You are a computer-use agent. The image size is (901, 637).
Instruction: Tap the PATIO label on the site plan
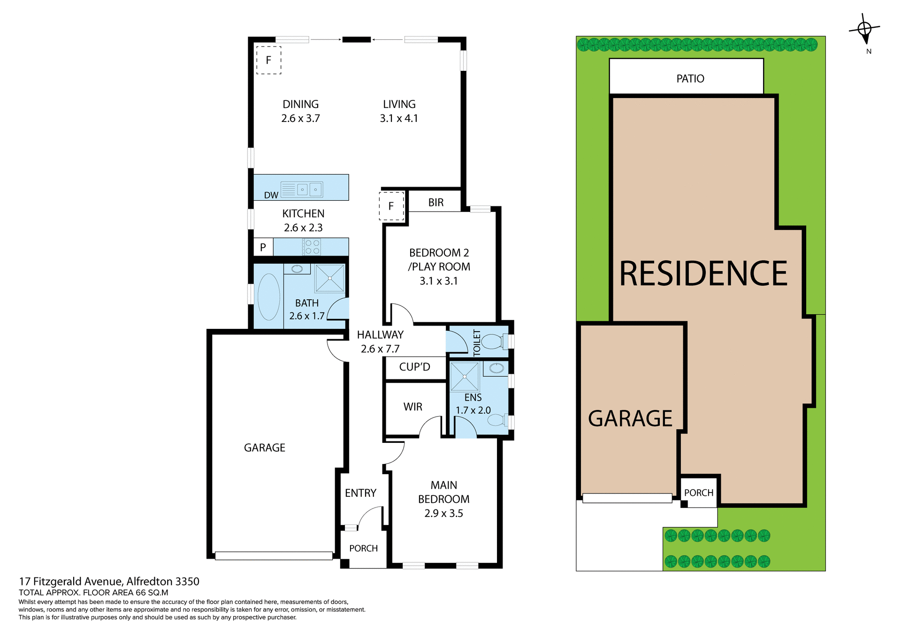[x=690, y=79]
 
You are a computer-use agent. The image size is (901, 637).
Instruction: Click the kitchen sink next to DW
[x=309, y=190]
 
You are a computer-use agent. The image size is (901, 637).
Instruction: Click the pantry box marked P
[x=263, y=247]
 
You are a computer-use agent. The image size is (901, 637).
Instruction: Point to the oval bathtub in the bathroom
[x=269, y=297]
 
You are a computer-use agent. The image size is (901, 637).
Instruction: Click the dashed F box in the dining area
[x=268, y=60]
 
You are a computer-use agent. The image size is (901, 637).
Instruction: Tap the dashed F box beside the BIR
[x=391, y=206]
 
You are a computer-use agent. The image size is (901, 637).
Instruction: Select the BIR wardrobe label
[x=435, y=202]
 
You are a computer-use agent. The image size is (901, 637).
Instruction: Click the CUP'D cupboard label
[x=414, y=367]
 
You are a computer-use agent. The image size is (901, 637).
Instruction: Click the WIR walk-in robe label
[x=412, y=407]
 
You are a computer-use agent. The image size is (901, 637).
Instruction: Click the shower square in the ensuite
[x=465, y=377]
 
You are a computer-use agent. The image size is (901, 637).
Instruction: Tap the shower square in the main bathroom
[x=330, y=279]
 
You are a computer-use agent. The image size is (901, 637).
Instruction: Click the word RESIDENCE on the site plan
[x=703, y=274]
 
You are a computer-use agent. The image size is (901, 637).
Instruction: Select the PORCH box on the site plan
[x=698, y=493]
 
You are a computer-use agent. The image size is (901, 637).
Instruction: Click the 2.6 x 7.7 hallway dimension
[x=380, y=349]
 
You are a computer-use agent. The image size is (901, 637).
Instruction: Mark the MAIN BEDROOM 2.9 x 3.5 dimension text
[x=443, y=513]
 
